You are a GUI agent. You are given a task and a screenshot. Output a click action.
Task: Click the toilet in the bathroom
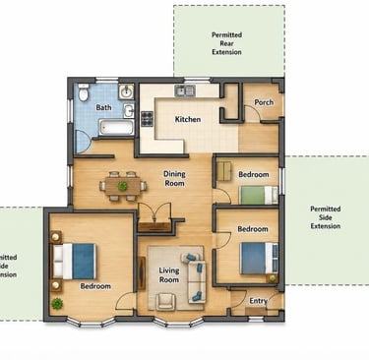[x=84, y=91]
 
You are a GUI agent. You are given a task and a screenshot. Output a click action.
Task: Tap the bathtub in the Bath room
[x=116, y=127]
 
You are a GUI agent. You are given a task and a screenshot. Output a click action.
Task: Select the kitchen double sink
[x=185, y=90]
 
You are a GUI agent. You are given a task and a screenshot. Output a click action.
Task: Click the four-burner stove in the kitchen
[x=148, y=119]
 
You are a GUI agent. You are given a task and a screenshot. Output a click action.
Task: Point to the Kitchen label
[x=188, y=119]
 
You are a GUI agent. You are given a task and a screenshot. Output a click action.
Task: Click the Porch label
[x=264, y=102]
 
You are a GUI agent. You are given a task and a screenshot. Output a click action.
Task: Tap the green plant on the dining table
[x=123, y=186]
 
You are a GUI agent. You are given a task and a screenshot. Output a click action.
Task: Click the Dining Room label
[x=174, y=179]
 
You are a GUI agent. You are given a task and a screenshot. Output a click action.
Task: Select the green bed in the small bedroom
[x=259, y=195]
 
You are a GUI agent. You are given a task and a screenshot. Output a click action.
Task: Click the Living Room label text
[x=169, y=275]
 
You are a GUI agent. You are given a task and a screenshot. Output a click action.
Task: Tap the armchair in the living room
[x=165, y=301]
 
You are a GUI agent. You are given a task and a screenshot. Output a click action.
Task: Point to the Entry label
[x=258, y=301]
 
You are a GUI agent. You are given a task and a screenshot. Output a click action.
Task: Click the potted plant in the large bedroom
[x=57, y=304]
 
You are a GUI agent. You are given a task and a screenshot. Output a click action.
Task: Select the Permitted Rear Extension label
[x=226, y=43]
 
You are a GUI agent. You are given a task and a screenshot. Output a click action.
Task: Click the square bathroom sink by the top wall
[x=126, y=91]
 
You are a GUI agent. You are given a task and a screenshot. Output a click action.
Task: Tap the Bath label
[x=103, y=107]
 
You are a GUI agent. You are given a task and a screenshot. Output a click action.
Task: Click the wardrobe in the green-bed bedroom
[x=224, y=171]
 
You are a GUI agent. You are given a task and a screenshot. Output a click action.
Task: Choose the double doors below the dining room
[x=154, y=213]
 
